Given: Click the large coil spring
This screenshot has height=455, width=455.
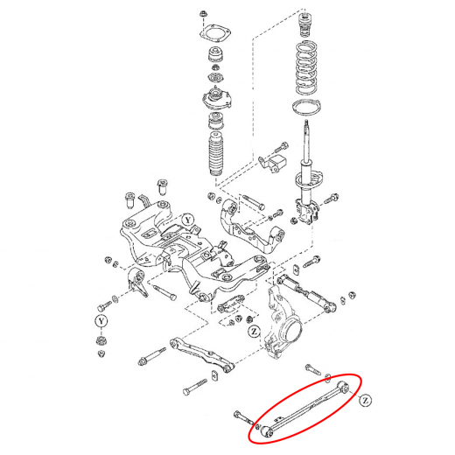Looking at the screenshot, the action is (x=306, y=67).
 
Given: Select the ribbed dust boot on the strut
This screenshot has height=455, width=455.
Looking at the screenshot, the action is (x=216, y=154).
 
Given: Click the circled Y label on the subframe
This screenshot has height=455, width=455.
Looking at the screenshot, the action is (x=188, y=220).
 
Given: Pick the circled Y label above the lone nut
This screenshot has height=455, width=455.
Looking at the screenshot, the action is (x=101, y=321).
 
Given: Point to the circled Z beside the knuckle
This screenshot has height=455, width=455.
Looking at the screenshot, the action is (x=255, y=332).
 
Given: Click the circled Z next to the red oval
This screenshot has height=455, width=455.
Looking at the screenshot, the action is (x=365, y=401).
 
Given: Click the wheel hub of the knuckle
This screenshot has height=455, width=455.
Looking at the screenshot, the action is (x=290, y=332).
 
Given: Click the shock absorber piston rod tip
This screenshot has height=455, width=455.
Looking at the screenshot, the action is (x=306, y=122).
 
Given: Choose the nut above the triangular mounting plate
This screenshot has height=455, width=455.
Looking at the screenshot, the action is (x=202, y=14).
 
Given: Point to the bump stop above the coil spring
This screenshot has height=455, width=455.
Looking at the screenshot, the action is (x=304, y=24).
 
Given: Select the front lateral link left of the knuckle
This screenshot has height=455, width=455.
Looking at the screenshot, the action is (x=202, y=354).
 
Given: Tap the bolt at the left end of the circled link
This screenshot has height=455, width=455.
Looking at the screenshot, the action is (x=244, y=418).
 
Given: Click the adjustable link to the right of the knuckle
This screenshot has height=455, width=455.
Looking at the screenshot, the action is (x=307, y=294).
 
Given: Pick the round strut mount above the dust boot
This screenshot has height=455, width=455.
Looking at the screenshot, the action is (x=215, y=98).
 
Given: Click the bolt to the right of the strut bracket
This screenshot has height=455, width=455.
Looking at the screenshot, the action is (x=332, y=199).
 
